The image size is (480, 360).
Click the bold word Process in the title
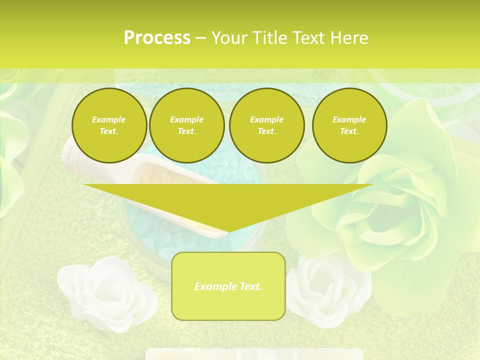click(157, 38)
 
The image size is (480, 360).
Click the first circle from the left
click(109, 125)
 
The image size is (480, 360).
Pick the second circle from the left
click(187, 125)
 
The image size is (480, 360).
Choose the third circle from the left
click(267, 125)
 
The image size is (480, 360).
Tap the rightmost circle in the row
click(349, 125)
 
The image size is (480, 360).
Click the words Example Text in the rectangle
click(228, 286)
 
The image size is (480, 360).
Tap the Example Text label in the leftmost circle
click(109, 125)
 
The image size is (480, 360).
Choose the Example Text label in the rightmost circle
click(349, 125)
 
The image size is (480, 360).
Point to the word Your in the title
click(229, 38)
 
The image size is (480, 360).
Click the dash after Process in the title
click(201, 38)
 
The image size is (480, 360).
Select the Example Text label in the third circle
click(267, 125)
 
